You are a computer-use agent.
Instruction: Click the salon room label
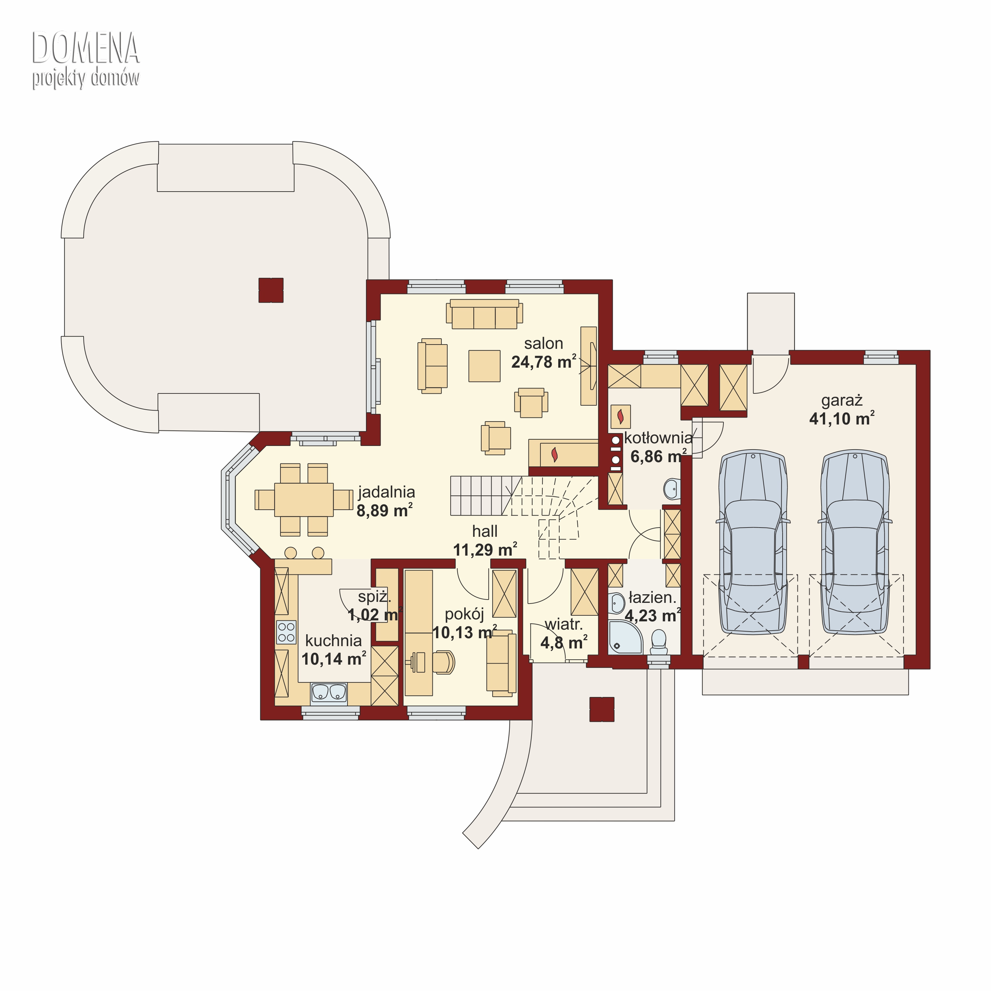point(543,344)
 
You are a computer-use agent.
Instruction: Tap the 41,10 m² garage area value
point(842,419)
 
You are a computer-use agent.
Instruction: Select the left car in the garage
point(752,543)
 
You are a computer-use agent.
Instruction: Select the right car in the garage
point(855,543)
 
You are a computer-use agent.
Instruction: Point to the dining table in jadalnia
point(304,499)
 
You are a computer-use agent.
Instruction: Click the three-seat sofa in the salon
point(484,314)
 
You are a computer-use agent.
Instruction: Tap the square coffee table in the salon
point(484,366)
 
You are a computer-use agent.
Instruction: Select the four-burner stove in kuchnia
point(286,632)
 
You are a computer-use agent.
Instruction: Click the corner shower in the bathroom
point(625,638)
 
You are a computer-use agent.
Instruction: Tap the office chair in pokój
point(444,662)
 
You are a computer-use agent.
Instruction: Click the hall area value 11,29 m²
point(485,550)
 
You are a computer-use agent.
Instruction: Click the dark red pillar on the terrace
point(271,290)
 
